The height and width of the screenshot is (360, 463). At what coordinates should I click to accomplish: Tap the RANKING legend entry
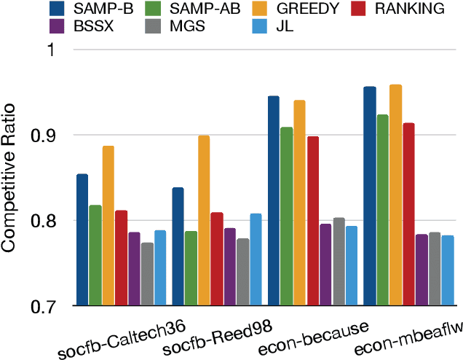tap(409, 9)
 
